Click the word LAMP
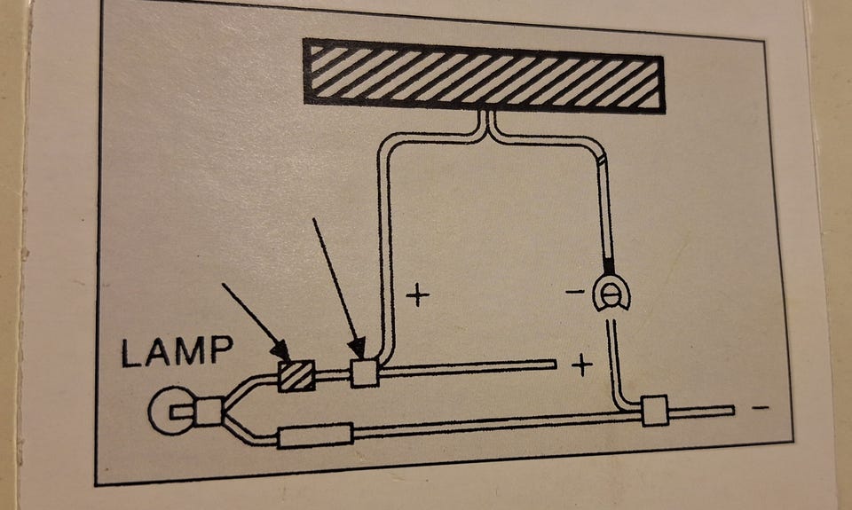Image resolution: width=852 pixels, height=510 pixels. tap(177, 353)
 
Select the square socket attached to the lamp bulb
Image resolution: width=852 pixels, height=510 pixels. tap(209, 412)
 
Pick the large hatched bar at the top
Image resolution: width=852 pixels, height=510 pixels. tap(484, 75)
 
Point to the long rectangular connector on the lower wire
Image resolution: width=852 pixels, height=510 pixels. tap(315, 435)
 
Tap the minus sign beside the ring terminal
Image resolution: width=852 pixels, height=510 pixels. tap(574, 291)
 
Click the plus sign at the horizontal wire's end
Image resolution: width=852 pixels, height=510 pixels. tap(581, 365)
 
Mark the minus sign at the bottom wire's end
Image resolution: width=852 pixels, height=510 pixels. tap(760, 407)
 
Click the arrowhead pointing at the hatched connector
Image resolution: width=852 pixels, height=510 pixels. tap(282, 354)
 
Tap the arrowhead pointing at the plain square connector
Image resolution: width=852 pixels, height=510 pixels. tap(357, 349)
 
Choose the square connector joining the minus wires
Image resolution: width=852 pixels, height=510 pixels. tap(653, 410)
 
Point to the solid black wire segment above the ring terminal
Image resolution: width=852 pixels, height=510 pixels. tap(609, 265)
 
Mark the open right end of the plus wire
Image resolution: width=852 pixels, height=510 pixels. tap(555, 362)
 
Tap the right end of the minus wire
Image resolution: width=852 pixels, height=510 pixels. tap(733, 410)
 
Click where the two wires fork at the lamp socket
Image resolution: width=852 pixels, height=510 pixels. tap(229, 408)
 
